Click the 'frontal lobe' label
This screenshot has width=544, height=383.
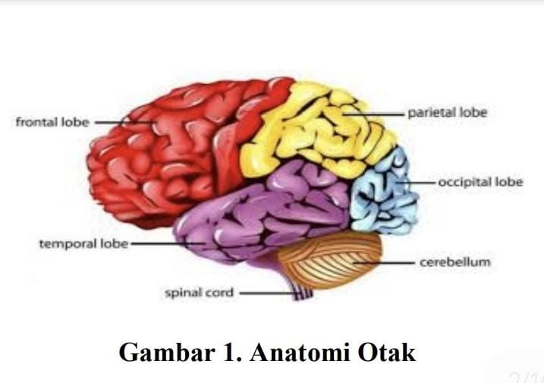[52, 122]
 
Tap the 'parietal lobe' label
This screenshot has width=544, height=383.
[447, 113]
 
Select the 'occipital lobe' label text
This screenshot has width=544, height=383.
[480, 183]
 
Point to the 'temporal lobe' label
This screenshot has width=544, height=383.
[83, 244]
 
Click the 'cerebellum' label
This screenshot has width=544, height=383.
[455, 262]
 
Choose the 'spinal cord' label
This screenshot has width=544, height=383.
[200, 292]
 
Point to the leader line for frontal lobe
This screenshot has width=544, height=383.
[114, 122]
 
